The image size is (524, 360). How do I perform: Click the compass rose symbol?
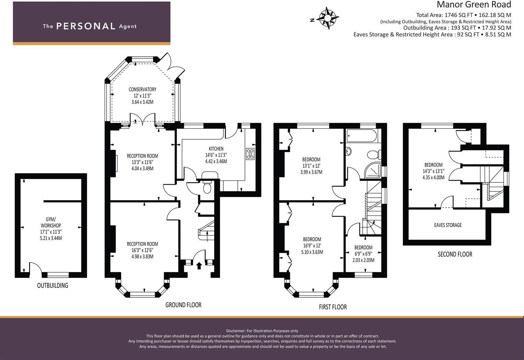[x=328, y=18]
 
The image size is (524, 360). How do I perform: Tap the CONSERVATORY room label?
[x=142, y=89]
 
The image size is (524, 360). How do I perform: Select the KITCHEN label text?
[x=216, y=149]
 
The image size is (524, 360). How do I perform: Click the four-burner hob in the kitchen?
[x=250, y=154]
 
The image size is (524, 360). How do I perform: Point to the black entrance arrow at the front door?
[x=199, y=266]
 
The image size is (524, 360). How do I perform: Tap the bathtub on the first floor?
[x=362, y=136]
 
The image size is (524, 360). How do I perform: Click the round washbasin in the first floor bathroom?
[x=348, y=151]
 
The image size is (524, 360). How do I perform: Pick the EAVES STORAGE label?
[x=448, y=225]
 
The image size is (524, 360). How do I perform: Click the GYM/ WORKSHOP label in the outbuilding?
[x=51, y=222]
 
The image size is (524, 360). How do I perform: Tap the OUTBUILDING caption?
[x=53, y=286]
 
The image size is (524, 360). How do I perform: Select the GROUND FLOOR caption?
[x=183, y=305]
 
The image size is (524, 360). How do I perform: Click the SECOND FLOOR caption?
[x=455, y=254]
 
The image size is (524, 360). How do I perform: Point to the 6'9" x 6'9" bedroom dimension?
[x=363, y=254]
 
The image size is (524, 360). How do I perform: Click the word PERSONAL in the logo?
[x=86, y=26]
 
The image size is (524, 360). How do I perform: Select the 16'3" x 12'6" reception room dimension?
[x=142, y=250]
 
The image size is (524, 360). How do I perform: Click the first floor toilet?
[x=374, y=155]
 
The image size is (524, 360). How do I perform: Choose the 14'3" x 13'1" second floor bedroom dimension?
[x=433, y=171]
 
